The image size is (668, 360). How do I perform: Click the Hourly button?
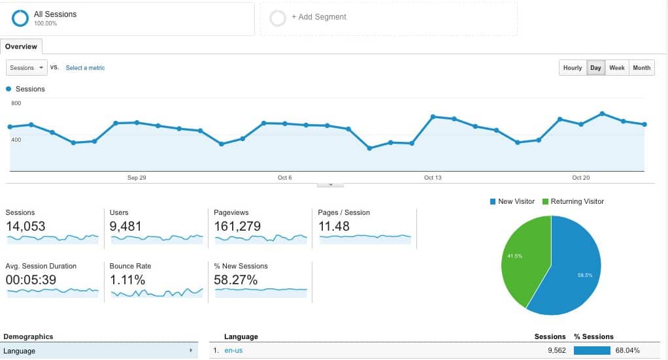(573, 68)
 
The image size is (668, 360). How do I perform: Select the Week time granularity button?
(616, 68)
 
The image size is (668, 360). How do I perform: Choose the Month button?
(642, 68)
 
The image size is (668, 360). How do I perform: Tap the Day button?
(595, 68)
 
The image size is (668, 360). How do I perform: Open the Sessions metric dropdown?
(27, 68)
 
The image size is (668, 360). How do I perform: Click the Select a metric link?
(85, 68)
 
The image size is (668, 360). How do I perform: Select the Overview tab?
(21, 46)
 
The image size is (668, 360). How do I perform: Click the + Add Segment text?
(319, 17)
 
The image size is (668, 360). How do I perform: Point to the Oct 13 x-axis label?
(433, 178)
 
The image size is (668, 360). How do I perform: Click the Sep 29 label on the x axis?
(137, 178)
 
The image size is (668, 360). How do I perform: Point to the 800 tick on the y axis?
(16, 103)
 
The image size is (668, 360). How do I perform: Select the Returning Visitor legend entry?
(573, 201)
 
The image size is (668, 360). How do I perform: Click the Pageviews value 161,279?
(237, 226)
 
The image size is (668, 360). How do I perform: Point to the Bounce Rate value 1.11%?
(127, 280)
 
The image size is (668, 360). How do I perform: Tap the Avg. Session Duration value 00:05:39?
(31, 280)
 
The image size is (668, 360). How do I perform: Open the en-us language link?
(233, 351)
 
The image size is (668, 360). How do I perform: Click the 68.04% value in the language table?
(627, 351)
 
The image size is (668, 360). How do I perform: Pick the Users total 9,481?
(125, 226)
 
